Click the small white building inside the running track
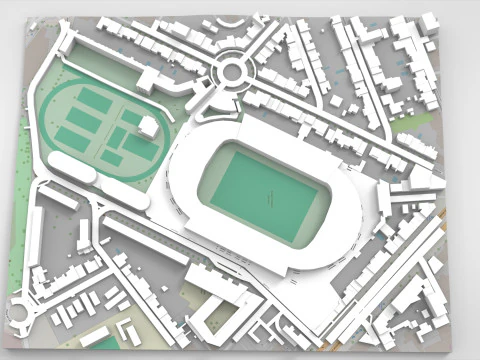(x=148, y=126)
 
